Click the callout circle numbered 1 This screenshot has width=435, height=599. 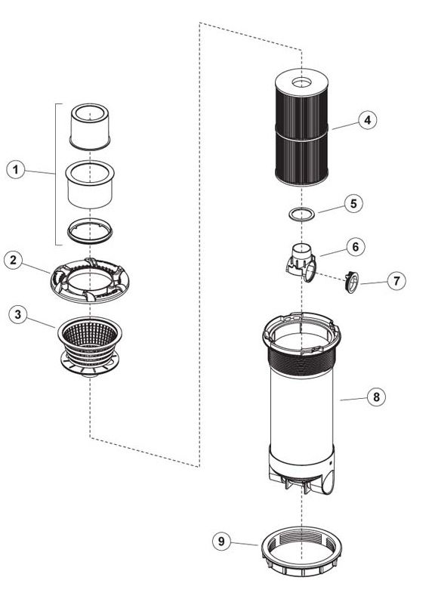click(16, 170)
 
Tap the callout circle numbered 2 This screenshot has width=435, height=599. click(14, 260)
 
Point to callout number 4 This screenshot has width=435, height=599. click(367, 120)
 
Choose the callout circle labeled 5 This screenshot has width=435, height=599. click(353, 204)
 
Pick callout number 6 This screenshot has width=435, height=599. click(356, 247)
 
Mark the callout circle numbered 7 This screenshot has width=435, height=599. click(396, 281)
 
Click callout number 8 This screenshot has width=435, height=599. click(377, 397)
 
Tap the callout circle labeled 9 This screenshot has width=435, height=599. click(221, 541)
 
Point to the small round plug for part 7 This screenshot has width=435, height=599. click(352, 283)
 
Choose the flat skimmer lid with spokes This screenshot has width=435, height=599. click(89, 280)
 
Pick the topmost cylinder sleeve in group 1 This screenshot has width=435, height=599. click(90, 126)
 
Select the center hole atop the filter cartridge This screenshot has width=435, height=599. click(302, 82)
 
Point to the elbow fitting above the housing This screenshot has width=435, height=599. click(301, 261)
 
